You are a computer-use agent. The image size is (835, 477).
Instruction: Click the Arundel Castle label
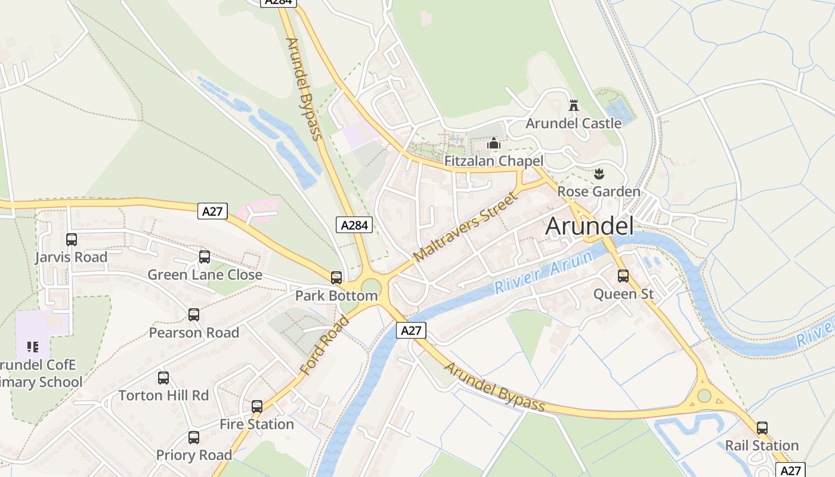[573, 123]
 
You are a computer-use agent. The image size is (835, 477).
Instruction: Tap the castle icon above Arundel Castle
[574, 106]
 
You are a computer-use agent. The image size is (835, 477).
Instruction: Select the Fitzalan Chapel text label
[494, 161]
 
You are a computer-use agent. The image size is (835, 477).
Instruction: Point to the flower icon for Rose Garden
[599, 174]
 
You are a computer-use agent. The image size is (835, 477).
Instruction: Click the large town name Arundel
[589, 227]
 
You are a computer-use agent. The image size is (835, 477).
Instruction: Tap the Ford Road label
[324, 346]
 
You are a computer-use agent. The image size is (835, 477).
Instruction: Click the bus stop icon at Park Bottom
[336, 278]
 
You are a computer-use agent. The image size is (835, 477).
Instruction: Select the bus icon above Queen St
[623, 276]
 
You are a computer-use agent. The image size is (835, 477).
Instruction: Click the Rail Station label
[762, 445]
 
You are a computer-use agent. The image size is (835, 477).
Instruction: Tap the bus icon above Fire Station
[257, 407]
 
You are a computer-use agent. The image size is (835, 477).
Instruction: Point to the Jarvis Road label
[71, 258]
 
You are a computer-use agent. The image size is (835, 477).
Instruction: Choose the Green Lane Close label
[205, 275]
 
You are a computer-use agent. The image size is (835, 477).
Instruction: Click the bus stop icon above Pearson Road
[194, 315]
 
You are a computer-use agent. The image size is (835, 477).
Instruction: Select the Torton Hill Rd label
[163, 395]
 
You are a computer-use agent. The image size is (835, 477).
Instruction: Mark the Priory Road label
[194, 456]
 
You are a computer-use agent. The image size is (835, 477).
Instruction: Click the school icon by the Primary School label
[33, 346]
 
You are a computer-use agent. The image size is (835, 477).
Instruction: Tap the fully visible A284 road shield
[354, 225]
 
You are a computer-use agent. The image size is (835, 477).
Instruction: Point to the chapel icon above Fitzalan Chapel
[494, 144]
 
